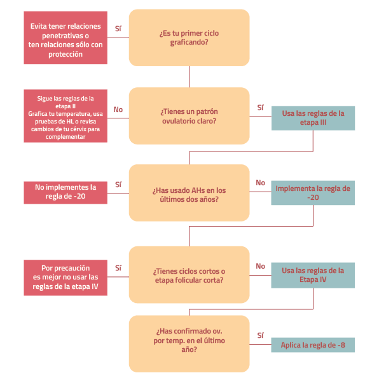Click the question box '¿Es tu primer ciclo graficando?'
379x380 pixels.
coord(189,37)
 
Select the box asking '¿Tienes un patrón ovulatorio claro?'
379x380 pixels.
coord(189,116)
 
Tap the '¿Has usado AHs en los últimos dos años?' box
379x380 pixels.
coord(189,194)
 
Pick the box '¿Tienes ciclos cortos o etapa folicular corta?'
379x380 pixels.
coord(189,275)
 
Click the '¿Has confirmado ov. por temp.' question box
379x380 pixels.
coord(189,344)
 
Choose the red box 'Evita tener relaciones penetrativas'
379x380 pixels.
coord(65,38)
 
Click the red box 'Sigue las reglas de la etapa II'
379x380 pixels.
coord(65,115)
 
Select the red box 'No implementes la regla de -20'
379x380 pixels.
coord(65,192)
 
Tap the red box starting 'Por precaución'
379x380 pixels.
coord(65,278)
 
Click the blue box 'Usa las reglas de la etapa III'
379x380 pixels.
coord(313,118)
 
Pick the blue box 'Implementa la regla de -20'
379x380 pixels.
coord(313,194)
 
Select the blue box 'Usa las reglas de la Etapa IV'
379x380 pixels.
coord(313,275)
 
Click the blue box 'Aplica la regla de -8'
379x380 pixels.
coord(313,345)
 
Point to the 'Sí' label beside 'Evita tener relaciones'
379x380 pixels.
coord(118,29)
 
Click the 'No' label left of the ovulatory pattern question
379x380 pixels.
coord(118,109)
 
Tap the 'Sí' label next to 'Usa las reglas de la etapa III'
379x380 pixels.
coord(261,108)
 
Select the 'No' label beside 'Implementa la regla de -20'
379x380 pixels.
coord(261,183)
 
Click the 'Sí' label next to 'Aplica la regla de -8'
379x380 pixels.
coord(261,335)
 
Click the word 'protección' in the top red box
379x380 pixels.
coord(65,55)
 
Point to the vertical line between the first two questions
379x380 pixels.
coord(190,76)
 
